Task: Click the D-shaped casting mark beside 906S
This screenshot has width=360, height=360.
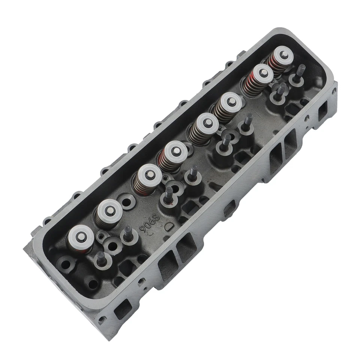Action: (x=170, y=226)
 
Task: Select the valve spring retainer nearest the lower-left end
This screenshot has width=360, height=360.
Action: (x=81, y=237)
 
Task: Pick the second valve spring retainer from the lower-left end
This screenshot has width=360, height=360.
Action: (x=109, y=210)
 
